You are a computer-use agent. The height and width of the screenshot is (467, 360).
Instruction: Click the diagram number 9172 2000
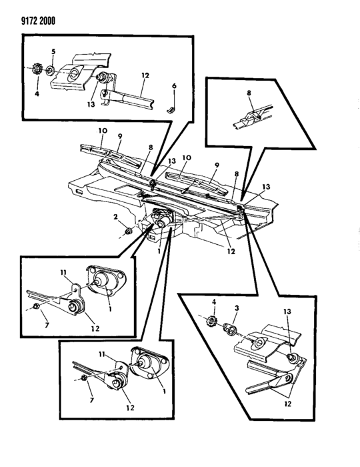[34, 21]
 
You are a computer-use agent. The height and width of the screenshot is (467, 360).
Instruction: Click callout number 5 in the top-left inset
[53, 51]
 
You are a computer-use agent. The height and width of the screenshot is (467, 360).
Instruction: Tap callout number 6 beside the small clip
[174, 86]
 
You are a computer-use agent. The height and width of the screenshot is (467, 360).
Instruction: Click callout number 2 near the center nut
[115, 217]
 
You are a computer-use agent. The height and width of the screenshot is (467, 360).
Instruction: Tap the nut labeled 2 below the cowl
[129, 231]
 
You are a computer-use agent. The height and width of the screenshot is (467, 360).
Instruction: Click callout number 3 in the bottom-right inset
[237, 308]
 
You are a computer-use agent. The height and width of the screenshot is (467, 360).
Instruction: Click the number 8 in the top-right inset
[249, 93]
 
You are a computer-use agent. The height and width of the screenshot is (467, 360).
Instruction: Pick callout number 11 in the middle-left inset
[63, 272]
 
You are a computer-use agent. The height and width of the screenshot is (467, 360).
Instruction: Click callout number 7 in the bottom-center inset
[91, 400]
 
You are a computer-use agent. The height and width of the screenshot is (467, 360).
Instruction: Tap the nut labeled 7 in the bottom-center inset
[84, 378]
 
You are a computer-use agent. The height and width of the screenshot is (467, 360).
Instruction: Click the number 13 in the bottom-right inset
[287, 312]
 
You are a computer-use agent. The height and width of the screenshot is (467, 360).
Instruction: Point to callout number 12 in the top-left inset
[145, 75]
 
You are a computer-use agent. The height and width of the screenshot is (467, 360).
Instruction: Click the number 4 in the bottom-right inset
[213, 302]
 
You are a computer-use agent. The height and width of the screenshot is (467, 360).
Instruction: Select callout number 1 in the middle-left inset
[110, 309]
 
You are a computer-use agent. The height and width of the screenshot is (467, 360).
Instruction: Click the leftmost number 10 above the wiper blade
[103, 131]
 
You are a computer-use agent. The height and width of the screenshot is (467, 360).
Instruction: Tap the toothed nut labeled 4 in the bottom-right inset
[211, 321]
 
